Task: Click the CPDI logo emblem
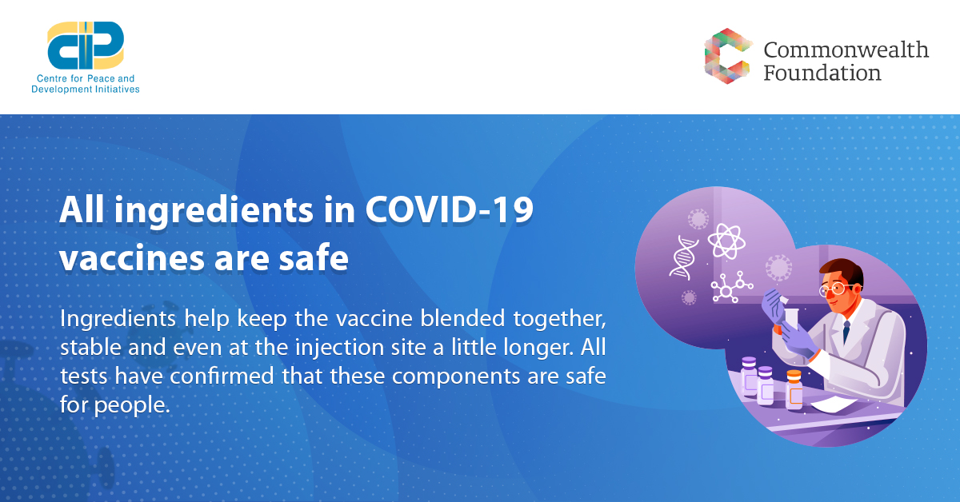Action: tap(86, 46)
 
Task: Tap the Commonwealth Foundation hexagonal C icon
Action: tap(728, 56)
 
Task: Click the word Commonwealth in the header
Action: tap(846, 50)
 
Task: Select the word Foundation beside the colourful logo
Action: tap(822, 73)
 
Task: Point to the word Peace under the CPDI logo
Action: tap(101, 78)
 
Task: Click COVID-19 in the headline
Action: tap(449, 210)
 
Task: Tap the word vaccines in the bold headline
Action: tap(132, 259)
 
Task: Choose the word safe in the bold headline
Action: tap(314, 257)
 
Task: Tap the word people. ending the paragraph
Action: tap(132, 405)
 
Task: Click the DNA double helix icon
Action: tap(684, 258)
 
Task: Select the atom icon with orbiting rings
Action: tap(726, 241)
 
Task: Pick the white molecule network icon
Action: tap(731, 287)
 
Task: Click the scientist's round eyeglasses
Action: tap(836, 289)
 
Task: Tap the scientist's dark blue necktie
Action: tap(846, 331)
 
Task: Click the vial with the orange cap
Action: tap(794, 389)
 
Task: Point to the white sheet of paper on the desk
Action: tap(833, 404)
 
